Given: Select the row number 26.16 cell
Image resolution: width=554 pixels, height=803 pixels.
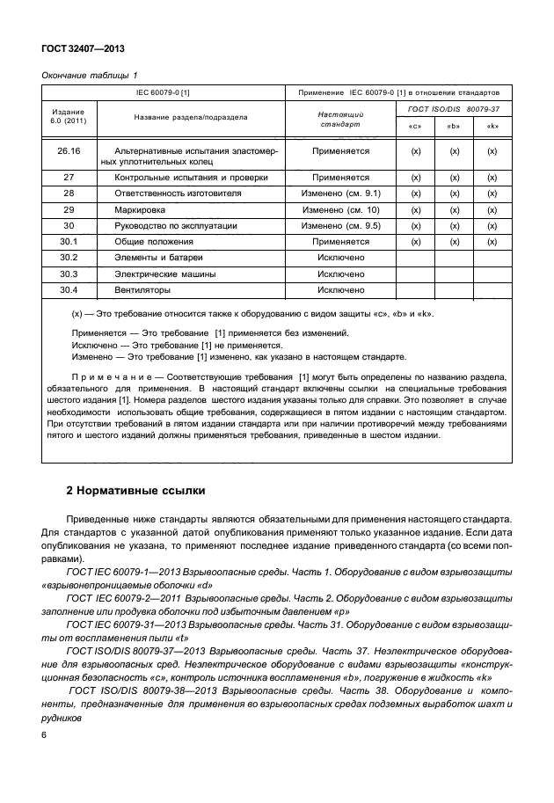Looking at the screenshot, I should point(69,151).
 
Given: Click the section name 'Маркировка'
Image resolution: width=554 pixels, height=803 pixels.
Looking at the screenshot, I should point(135,209).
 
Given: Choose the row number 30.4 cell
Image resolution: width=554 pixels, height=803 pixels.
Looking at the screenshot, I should point(69,289).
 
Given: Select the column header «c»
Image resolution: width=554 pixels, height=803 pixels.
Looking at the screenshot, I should point(416,126).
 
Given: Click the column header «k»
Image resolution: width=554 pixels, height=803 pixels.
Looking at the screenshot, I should point(493,126).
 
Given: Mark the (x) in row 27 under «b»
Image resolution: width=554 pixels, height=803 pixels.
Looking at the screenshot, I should point(455,177).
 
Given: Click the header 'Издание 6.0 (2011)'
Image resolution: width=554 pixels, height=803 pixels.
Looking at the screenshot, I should point(69,117).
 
